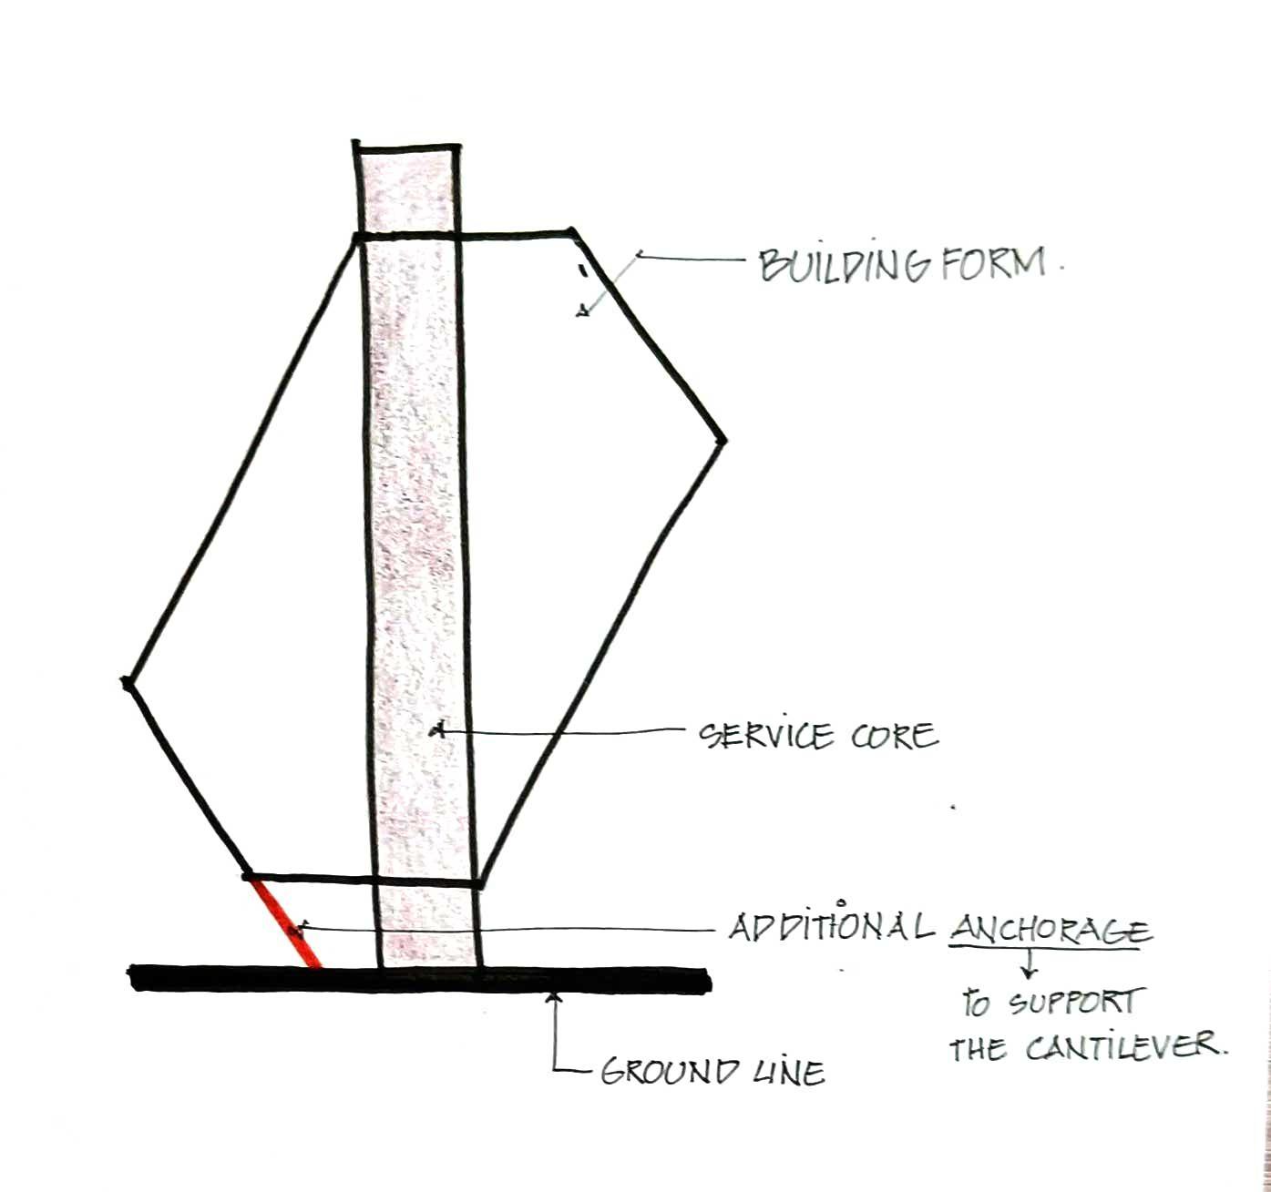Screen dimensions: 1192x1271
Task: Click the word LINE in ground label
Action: tap(788, 1073)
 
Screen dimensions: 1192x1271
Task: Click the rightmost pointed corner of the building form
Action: tap(723, 442)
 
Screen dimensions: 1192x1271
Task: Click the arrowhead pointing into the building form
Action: tap(580, 311)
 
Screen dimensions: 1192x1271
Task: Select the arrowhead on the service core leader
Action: tap(437, 729)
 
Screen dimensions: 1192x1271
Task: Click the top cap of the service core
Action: tap(406, 146)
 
